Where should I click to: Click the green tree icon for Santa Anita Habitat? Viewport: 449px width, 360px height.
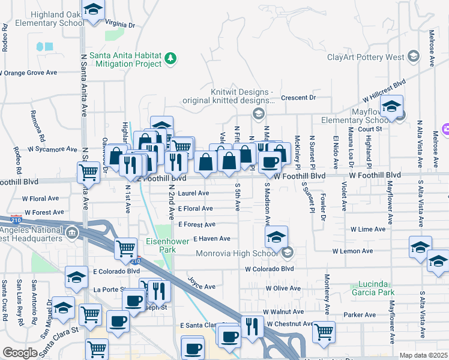pos(172,58)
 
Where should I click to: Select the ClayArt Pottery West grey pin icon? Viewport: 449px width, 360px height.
pos(413,56)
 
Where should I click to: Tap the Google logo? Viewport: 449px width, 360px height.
pos(20,353)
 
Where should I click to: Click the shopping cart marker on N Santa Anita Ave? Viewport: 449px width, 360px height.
pos(89,173)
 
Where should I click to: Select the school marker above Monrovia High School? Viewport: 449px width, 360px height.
pos(276,237)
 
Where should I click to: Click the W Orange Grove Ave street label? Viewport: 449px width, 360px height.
pos(28,73)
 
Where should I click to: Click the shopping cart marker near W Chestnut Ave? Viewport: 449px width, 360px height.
pos(324,331)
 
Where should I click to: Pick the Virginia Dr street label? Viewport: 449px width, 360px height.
pos(120,25)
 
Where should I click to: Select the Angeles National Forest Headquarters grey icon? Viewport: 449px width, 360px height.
pos(73,233)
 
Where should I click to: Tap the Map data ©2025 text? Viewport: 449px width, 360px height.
pos(423,355)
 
